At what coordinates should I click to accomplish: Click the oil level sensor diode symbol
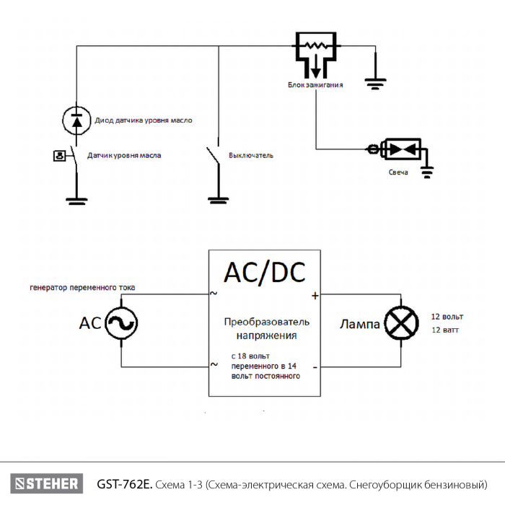click(77, 120)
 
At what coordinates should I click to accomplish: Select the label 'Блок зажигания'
click(315, 85)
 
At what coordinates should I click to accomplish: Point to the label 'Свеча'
click(398, 172)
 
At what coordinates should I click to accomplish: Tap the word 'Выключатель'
click(251, 155)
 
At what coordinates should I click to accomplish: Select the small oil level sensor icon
click(60, 155)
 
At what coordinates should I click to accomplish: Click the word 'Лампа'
click(359, 325)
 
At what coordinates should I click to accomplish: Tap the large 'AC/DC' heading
click(264, 272)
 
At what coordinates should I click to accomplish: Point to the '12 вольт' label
click(447, 317)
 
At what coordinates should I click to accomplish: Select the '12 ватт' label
click(445, 330)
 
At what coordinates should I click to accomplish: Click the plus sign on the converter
click(315, 295)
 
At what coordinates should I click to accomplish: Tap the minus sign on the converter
click(315, 366)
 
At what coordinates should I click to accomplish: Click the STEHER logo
click(45, 483)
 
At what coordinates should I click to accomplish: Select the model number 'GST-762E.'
click(123, 483)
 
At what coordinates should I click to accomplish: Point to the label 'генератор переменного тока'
click(82, 288)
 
